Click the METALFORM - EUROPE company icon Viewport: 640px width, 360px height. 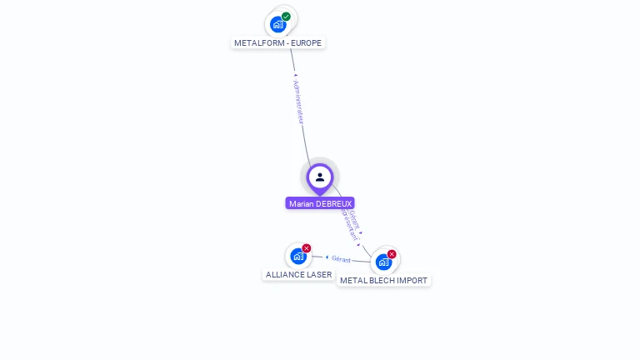coord(278,25)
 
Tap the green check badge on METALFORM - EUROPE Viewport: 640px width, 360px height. coord(286,17)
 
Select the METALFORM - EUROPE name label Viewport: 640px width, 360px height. coord(277,43)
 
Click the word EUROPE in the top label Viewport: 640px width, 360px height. coord(305,43)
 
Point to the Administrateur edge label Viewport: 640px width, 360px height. coord(299,102)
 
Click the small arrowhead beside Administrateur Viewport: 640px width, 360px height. coord(295,76)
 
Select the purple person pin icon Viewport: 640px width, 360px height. coord(320,177)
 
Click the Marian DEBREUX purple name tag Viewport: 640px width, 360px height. coord(320,203)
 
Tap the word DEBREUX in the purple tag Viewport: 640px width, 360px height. coord(334,203)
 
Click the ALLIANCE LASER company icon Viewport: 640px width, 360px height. coord(298,257)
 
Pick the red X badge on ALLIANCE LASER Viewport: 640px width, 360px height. coord(307,248)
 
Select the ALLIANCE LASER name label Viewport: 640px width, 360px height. coord(298,274)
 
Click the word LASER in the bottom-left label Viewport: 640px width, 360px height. coord(320,274)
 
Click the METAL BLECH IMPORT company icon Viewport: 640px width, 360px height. coord(383,262)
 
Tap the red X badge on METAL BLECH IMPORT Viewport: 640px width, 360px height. coord(392,254)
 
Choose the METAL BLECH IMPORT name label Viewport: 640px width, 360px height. coord(383,281)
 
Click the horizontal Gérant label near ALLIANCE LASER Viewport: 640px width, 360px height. coord(341,258)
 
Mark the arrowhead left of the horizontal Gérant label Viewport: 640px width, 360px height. coord(327,257)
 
